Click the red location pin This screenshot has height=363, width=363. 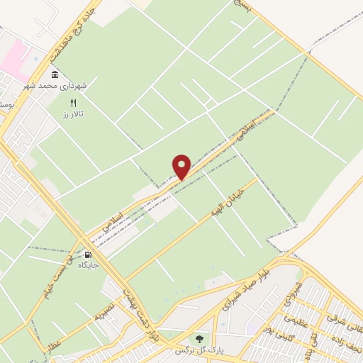point(182,166)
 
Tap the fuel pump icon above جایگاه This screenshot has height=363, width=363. point(88,255)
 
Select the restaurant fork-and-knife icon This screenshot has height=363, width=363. point(73,104)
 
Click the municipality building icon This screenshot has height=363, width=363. point(55,75)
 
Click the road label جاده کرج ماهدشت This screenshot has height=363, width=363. point(72,32)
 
